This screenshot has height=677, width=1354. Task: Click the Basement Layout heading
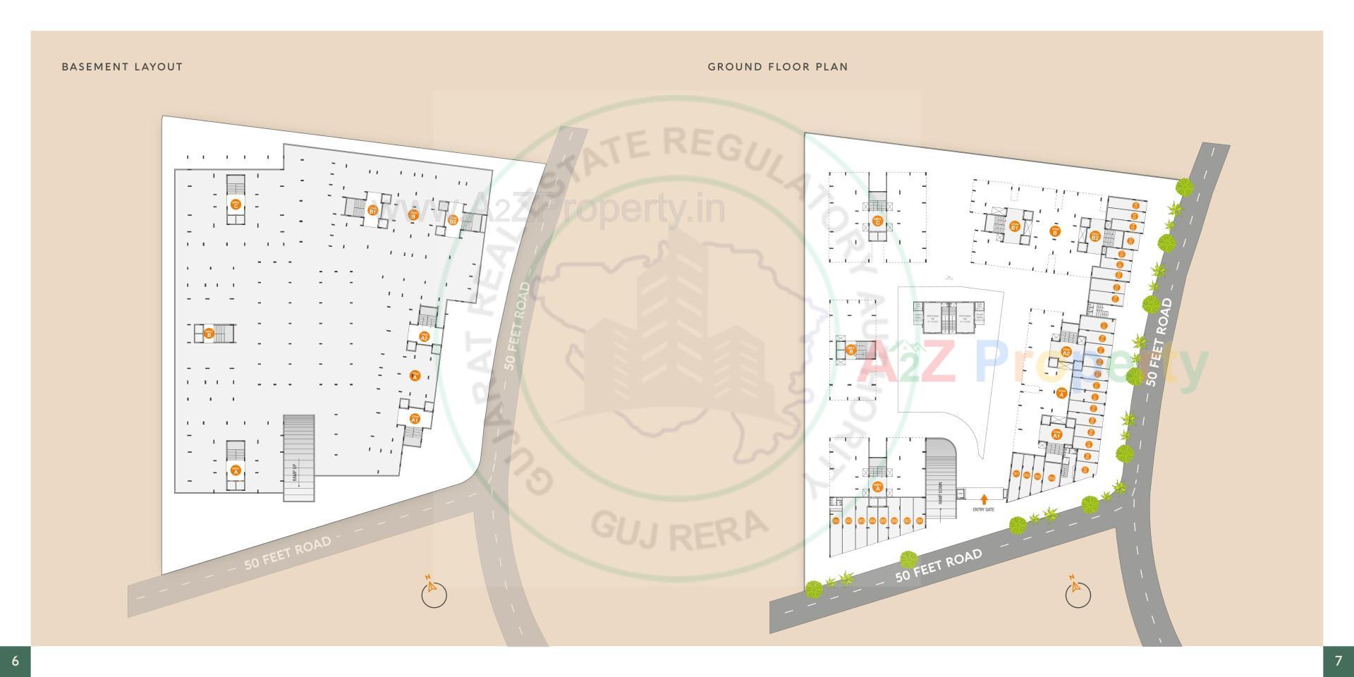(122, 67)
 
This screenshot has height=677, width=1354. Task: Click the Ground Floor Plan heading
(778, 67)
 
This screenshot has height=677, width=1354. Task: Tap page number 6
(15, 661)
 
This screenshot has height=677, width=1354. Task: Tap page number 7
(1338, 661)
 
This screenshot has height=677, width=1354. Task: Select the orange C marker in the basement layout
(236, 204)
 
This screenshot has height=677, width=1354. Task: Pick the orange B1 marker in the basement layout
(372, 210)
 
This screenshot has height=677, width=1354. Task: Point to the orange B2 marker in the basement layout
(453, 220)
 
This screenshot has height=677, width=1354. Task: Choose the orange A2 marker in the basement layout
(424, 336)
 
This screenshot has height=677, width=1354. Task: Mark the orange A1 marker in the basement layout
(415, 419)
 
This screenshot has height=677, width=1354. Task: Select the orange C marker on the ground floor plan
(877, 221)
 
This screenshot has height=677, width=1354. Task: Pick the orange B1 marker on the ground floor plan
(1014, 226)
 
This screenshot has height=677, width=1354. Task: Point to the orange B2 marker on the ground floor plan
(1095, 236)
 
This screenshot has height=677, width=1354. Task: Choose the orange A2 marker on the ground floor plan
(1066, 352)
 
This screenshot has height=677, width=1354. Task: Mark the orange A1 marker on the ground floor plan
(1056, 434)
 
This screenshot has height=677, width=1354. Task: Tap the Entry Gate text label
(983, 509)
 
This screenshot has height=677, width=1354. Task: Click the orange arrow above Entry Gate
(984, 498)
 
